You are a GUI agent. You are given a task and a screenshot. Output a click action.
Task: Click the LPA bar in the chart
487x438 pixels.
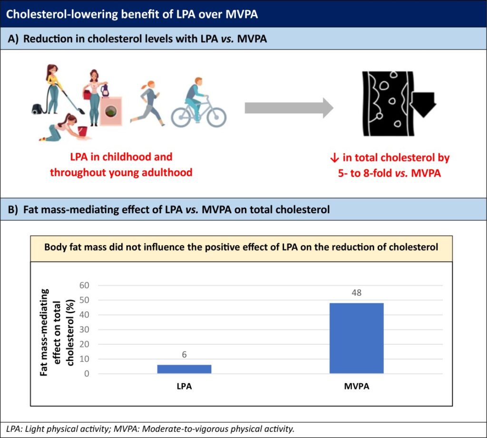[184, 369]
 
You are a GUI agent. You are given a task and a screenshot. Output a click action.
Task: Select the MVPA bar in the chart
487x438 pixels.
[356, 338]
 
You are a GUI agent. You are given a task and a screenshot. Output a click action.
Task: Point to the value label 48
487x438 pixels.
[356, 293]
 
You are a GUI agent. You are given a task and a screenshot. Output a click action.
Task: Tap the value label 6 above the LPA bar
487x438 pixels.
[184, 355]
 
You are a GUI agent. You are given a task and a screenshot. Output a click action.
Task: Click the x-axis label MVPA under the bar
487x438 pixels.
[356, 387]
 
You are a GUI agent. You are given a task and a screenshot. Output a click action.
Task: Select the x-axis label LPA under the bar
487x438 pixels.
[184, 387]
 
